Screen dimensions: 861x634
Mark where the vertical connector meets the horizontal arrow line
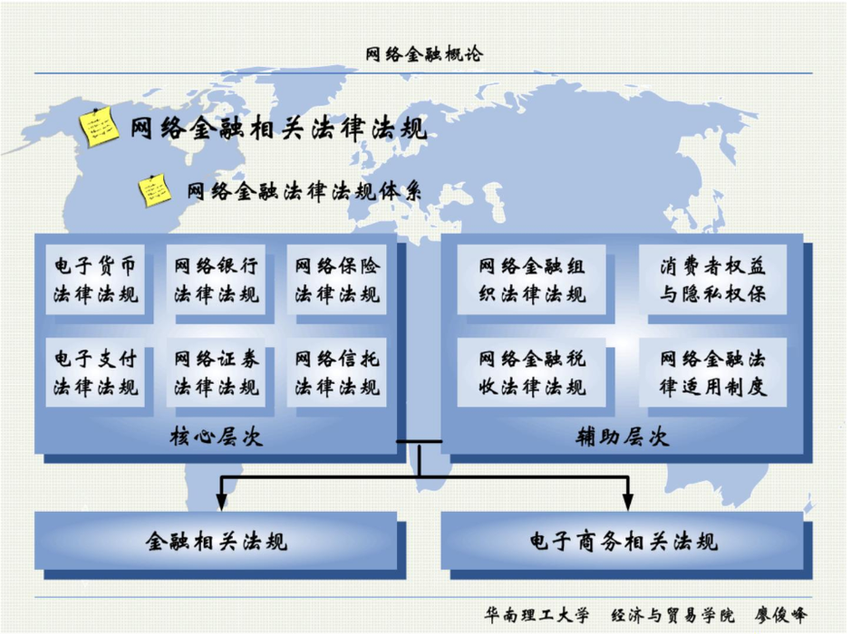click(x=420, y=477)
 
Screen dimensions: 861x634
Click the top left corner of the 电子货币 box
click(x=45, y=245)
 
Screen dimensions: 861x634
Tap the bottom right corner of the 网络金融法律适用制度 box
click(x=787, y=407)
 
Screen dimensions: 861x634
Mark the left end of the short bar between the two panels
click(x=396, y=441)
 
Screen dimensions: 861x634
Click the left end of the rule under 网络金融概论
click(x=34, y=73)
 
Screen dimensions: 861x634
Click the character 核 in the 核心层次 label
click(x=180, y=437)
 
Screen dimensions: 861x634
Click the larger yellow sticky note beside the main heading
click(x=98, y=126)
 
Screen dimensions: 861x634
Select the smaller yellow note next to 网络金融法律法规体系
click(x=154, y=190)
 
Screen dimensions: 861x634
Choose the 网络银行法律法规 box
click(x=216, y=280)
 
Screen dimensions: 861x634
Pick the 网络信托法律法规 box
click(x=336, y=372)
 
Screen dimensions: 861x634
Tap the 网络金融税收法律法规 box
click(x=531, y=372)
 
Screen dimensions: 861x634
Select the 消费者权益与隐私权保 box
click(x=712, y=280)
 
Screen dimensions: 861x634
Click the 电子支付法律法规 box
click(x=95, y=372)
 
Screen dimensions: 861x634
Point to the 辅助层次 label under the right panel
click(x=622, y=437)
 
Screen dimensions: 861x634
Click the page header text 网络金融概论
click(x=424, y=53)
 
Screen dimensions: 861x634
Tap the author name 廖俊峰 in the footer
click(x=780, y=615)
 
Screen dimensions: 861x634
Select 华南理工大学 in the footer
click(x=537, y=615)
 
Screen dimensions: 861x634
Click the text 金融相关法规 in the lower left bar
click(x=216, y=542)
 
